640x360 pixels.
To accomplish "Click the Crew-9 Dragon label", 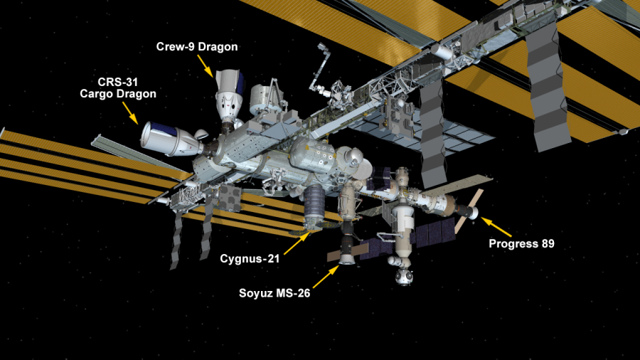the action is pyautogui.click(x=197, y=46).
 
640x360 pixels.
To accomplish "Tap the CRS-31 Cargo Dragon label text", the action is pyautogui.click(x=118, y=88).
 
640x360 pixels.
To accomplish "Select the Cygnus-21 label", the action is pyautogui.click(x=250, y=259).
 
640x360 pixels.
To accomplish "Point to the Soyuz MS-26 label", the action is pyautogui.click(x=274, y=293).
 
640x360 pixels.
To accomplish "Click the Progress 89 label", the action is pyautogui.click(x=522, y=243).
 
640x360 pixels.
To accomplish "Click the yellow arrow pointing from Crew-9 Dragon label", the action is pyautogui.click(x=206, y=66).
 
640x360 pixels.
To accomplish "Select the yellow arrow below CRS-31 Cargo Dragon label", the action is pyautogui.click(x=131, y=113).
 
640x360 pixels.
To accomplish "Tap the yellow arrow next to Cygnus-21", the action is pyautogui.click(x=297, y=243).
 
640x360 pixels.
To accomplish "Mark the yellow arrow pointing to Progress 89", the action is pyautogui.click(x=496, y=227).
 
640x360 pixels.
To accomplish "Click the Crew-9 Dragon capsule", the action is pyautogui.click(x=229, y=96).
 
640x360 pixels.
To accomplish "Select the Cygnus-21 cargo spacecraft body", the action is pyautogui.click(x=314, y=207).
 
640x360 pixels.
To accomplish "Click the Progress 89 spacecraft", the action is pyautogui.click(x=469, y=209).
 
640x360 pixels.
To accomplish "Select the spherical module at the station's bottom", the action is pyautogui.click(x=403, y=276).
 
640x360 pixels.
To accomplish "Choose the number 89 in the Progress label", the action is pyautogui.click(x=548, y=243).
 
